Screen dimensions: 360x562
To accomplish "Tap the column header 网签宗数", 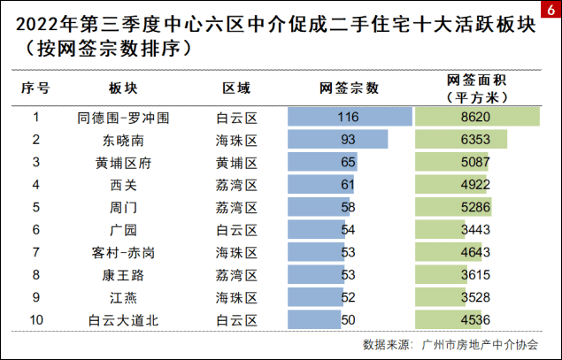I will point(349,88).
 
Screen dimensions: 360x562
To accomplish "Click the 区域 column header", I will point(236,88).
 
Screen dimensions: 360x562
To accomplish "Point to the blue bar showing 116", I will point(350,117).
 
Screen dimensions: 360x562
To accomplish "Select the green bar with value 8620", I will point(477,117).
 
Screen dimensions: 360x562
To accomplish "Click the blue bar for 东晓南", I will point(338,140).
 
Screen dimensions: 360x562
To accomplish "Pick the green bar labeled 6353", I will point(461,140).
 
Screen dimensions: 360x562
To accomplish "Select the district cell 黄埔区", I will point(236,163).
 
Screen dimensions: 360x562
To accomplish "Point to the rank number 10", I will point(36,319).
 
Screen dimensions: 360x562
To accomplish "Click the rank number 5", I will point(36,207).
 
